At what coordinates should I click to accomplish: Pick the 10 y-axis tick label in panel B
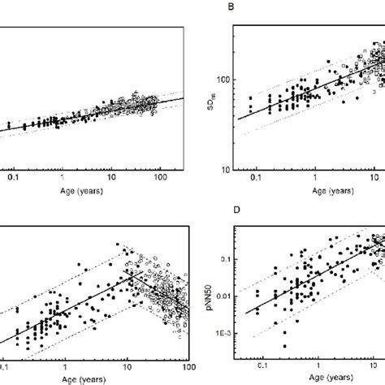pyautogui.click(x=226, y=169)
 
